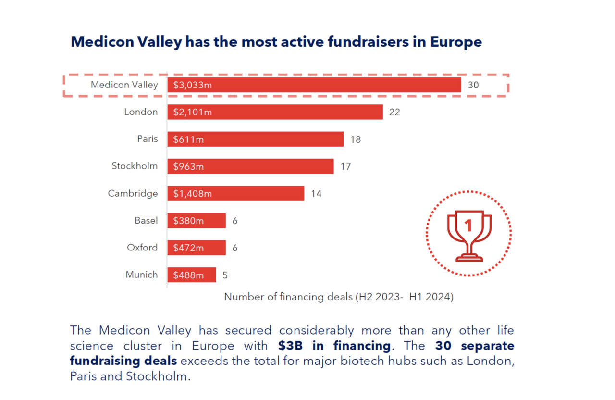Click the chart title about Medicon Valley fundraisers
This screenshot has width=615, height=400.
[276, 42]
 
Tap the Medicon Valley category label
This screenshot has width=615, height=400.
[124, 85]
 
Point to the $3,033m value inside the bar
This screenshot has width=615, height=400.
[190, 86]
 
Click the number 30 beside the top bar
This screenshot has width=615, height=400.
[473, 86]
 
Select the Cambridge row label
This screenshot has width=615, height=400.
[133, 193]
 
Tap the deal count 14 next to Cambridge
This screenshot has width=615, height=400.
[316, 194]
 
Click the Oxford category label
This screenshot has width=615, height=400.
[142, 248]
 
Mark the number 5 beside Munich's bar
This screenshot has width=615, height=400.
[225, 275]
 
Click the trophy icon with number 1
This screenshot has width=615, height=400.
[468, 234]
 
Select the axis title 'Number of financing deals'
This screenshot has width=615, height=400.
[339, 297]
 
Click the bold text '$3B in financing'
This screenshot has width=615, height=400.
[334, 345]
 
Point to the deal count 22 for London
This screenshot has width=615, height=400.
[394, 112]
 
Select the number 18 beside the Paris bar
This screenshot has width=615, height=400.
[355, 139]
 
